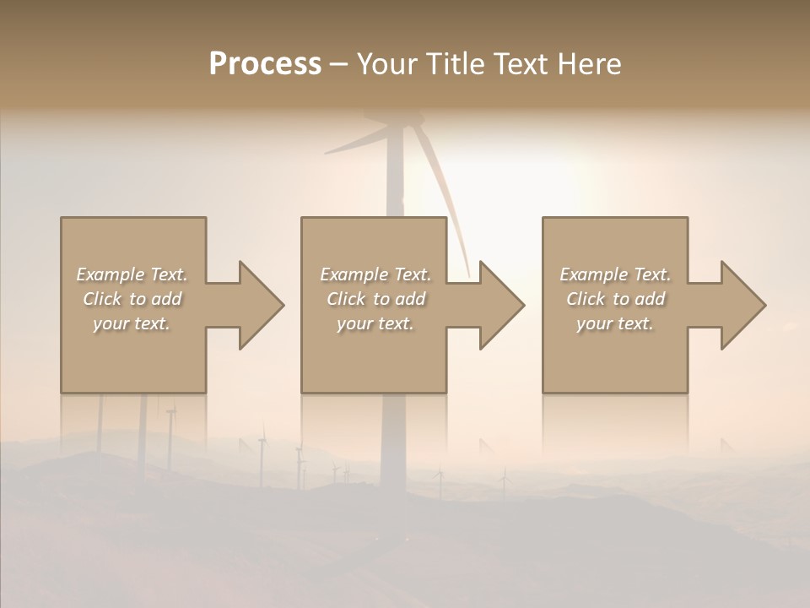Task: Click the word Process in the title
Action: click(265, 64)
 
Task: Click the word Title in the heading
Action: click(454, 64)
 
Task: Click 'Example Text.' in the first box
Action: click(132, 274)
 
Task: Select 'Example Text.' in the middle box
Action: click(375, 274)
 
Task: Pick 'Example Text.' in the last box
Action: click(615, 274)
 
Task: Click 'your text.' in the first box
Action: click(132, 323)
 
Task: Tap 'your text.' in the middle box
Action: click(375, 323)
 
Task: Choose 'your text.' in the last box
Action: click(615, 323)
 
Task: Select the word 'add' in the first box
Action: click(166, 299)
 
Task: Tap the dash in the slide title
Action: click(338, 64)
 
